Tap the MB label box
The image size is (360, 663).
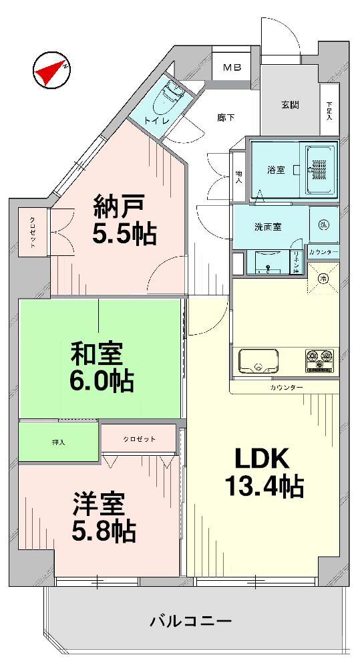tap(232, 68)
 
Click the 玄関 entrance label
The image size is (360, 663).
tap(289, 105)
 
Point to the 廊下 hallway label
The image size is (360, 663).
tap(225, 118)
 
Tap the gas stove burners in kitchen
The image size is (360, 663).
tap(319, 361)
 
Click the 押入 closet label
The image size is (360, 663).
tap(59, 442)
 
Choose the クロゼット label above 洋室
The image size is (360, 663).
tap(139, 438)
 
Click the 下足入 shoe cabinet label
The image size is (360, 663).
tap(329, 111)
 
